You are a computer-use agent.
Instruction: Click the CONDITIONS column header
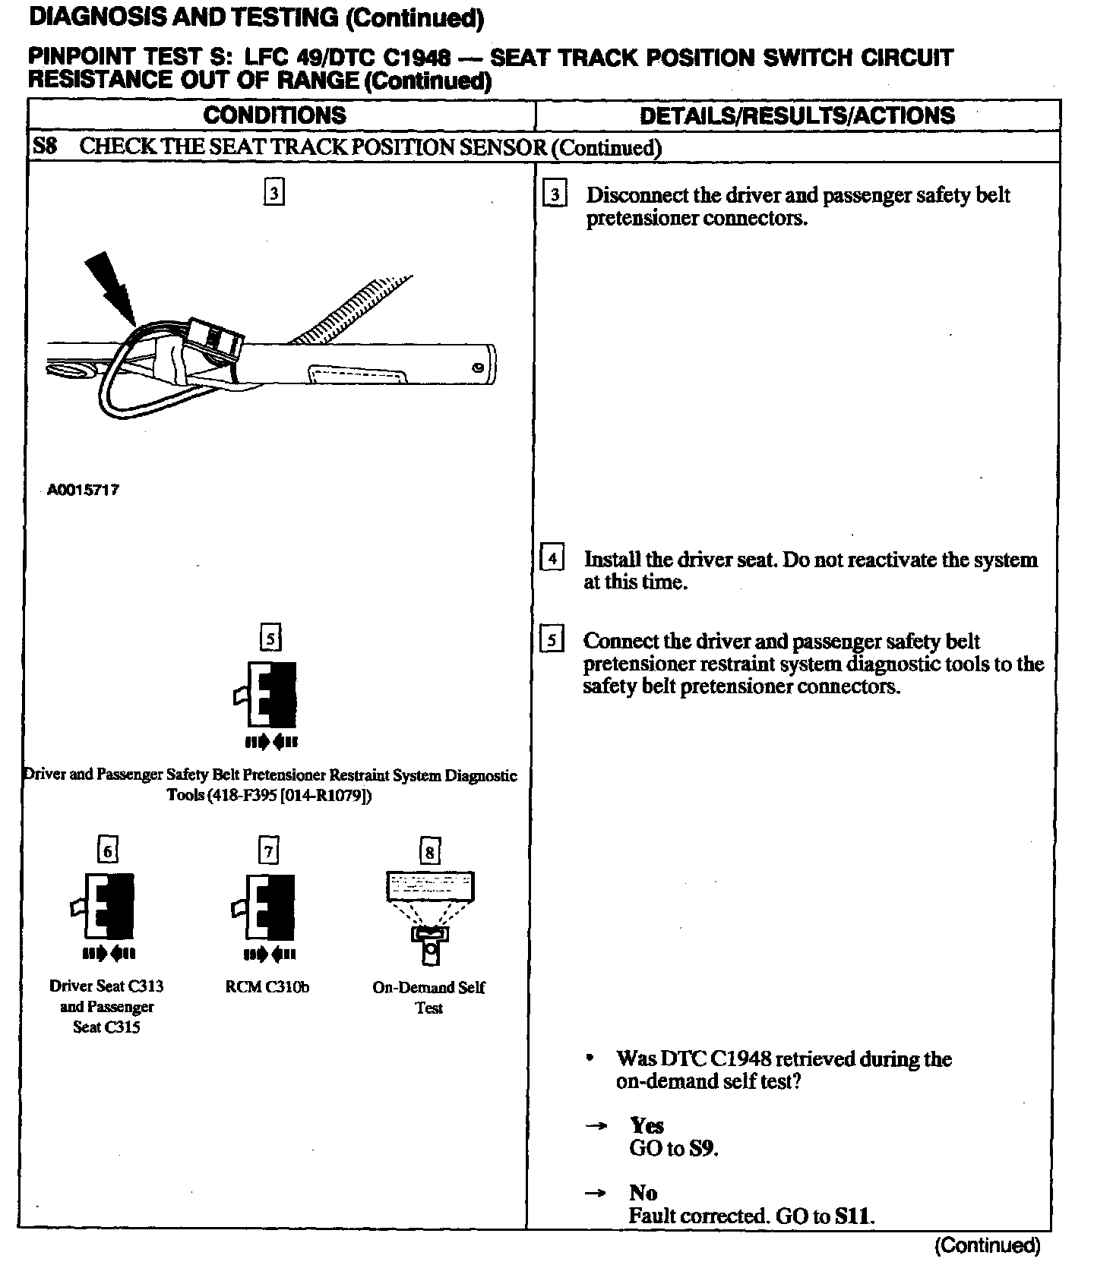pyautogui.click(x=274, y=115)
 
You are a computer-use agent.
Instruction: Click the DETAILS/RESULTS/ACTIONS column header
pyautogui.click(x=797, y=115)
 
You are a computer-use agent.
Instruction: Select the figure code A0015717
pyautogui.click(x=83, y=491)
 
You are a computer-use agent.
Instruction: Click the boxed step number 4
pyautogui.click(x=552, y=559)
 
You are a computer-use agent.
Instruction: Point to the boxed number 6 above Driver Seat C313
pyautogui.click(x=108, y=850)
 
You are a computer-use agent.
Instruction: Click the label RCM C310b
pyautogui.click(x=267, y=987)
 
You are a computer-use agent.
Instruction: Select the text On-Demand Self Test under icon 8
pyautogui.click(x=428, y=997)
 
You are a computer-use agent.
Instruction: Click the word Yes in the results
pyautogui.click(x=647, y=1125)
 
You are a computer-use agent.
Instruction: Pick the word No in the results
pyautogui.click(x=643, y=1193)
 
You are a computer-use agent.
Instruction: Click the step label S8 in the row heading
pyautogui.click(x=45, y=146)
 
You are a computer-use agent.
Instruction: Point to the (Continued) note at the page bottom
pyautogui.click(x=987, y=1246)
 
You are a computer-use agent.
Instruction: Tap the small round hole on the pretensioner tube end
pyautogui.click(x=477, y=368)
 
